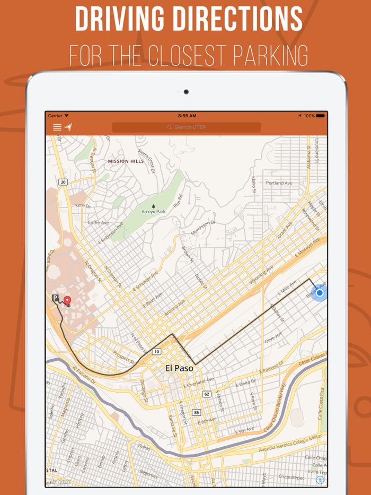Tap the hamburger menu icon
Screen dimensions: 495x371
(57, 127)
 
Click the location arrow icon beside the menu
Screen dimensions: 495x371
(68, 127)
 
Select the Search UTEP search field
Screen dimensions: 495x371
(186, 127)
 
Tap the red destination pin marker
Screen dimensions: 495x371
(67, 301)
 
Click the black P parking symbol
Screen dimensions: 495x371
(55, 299)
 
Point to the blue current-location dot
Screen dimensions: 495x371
(319, 293)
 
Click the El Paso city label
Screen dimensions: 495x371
(179, 368)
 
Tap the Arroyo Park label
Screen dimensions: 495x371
(153, 211)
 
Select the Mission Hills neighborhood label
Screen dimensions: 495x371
(126, 161)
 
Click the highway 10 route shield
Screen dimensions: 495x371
(156, 352)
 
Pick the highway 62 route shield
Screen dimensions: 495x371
(207, 394)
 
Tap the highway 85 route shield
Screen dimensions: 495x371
(197, 412)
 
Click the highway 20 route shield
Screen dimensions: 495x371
(63, 182)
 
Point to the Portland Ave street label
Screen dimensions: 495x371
(279, 183)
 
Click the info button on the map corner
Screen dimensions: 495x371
(320, 480)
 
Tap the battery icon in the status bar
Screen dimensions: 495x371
(320, 116)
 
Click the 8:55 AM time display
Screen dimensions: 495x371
(187, 116)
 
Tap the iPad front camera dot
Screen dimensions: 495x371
(186, 92)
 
